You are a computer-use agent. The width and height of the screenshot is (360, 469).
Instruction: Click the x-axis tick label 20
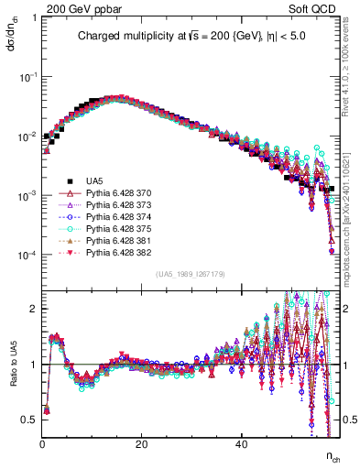pos(141,443)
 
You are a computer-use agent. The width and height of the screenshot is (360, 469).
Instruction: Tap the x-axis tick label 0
pos(42,443)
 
